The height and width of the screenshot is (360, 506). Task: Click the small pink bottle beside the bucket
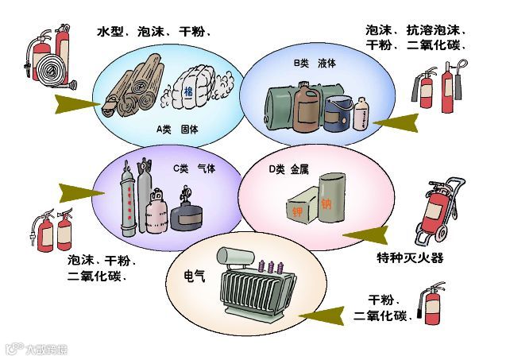pos(362,114)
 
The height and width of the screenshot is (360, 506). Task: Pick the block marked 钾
pos(298,206)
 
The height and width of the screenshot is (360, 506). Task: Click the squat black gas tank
pos(187,213)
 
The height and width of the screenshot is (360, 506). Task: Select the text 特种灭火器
pos(410,257)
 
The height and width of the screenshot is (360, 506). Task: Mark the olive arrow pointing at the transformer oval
pos(322,317)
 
